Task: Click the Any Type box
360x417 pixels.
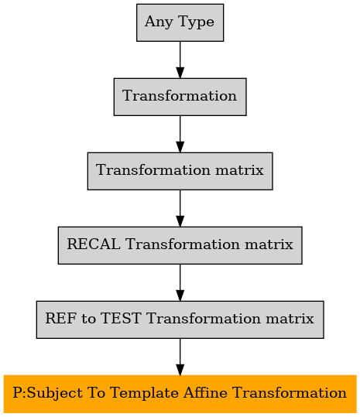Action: click(x=180, y=22)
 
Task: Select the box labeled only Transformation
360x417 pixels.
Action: click(x=180, y=97)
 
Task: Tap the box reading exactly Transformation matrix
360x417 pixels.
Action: click(x=180, y=171)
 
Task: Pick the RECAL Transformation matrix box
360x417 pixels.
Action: click(x=180, y=245)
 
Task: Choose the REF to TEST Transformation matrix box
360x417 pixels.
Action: click(x=180, y=320)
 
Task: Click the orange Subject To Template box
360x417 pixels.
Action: click(x=180, y=394)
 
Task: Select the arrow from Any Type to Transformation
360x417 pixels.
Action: click(x=180, y=60)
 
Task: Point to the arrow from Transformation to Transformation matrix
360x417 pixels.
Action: click(x=180, y=134)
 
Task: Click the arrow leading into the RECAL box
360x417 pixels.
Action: click(x=180, y=208)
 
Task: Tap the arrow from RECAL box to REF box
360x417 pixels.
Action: click(x=180, y=282)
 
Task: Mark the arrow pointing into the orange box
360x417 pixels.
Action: click(x=180, y=357)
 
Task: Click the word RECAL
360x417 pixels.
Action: click(x=94, y=244)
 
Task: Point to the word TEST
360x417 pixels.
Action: click(x=120, y=318)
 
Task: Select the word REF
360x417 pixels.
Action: click(x=60, y=318)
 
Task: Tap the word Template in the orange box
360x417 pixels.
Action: click(x=144, y=394)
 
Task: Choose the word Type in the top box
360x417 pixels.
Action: click(x=196, y=22)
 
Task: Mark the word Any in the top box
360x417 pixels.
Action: click(x=159, y=22)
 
